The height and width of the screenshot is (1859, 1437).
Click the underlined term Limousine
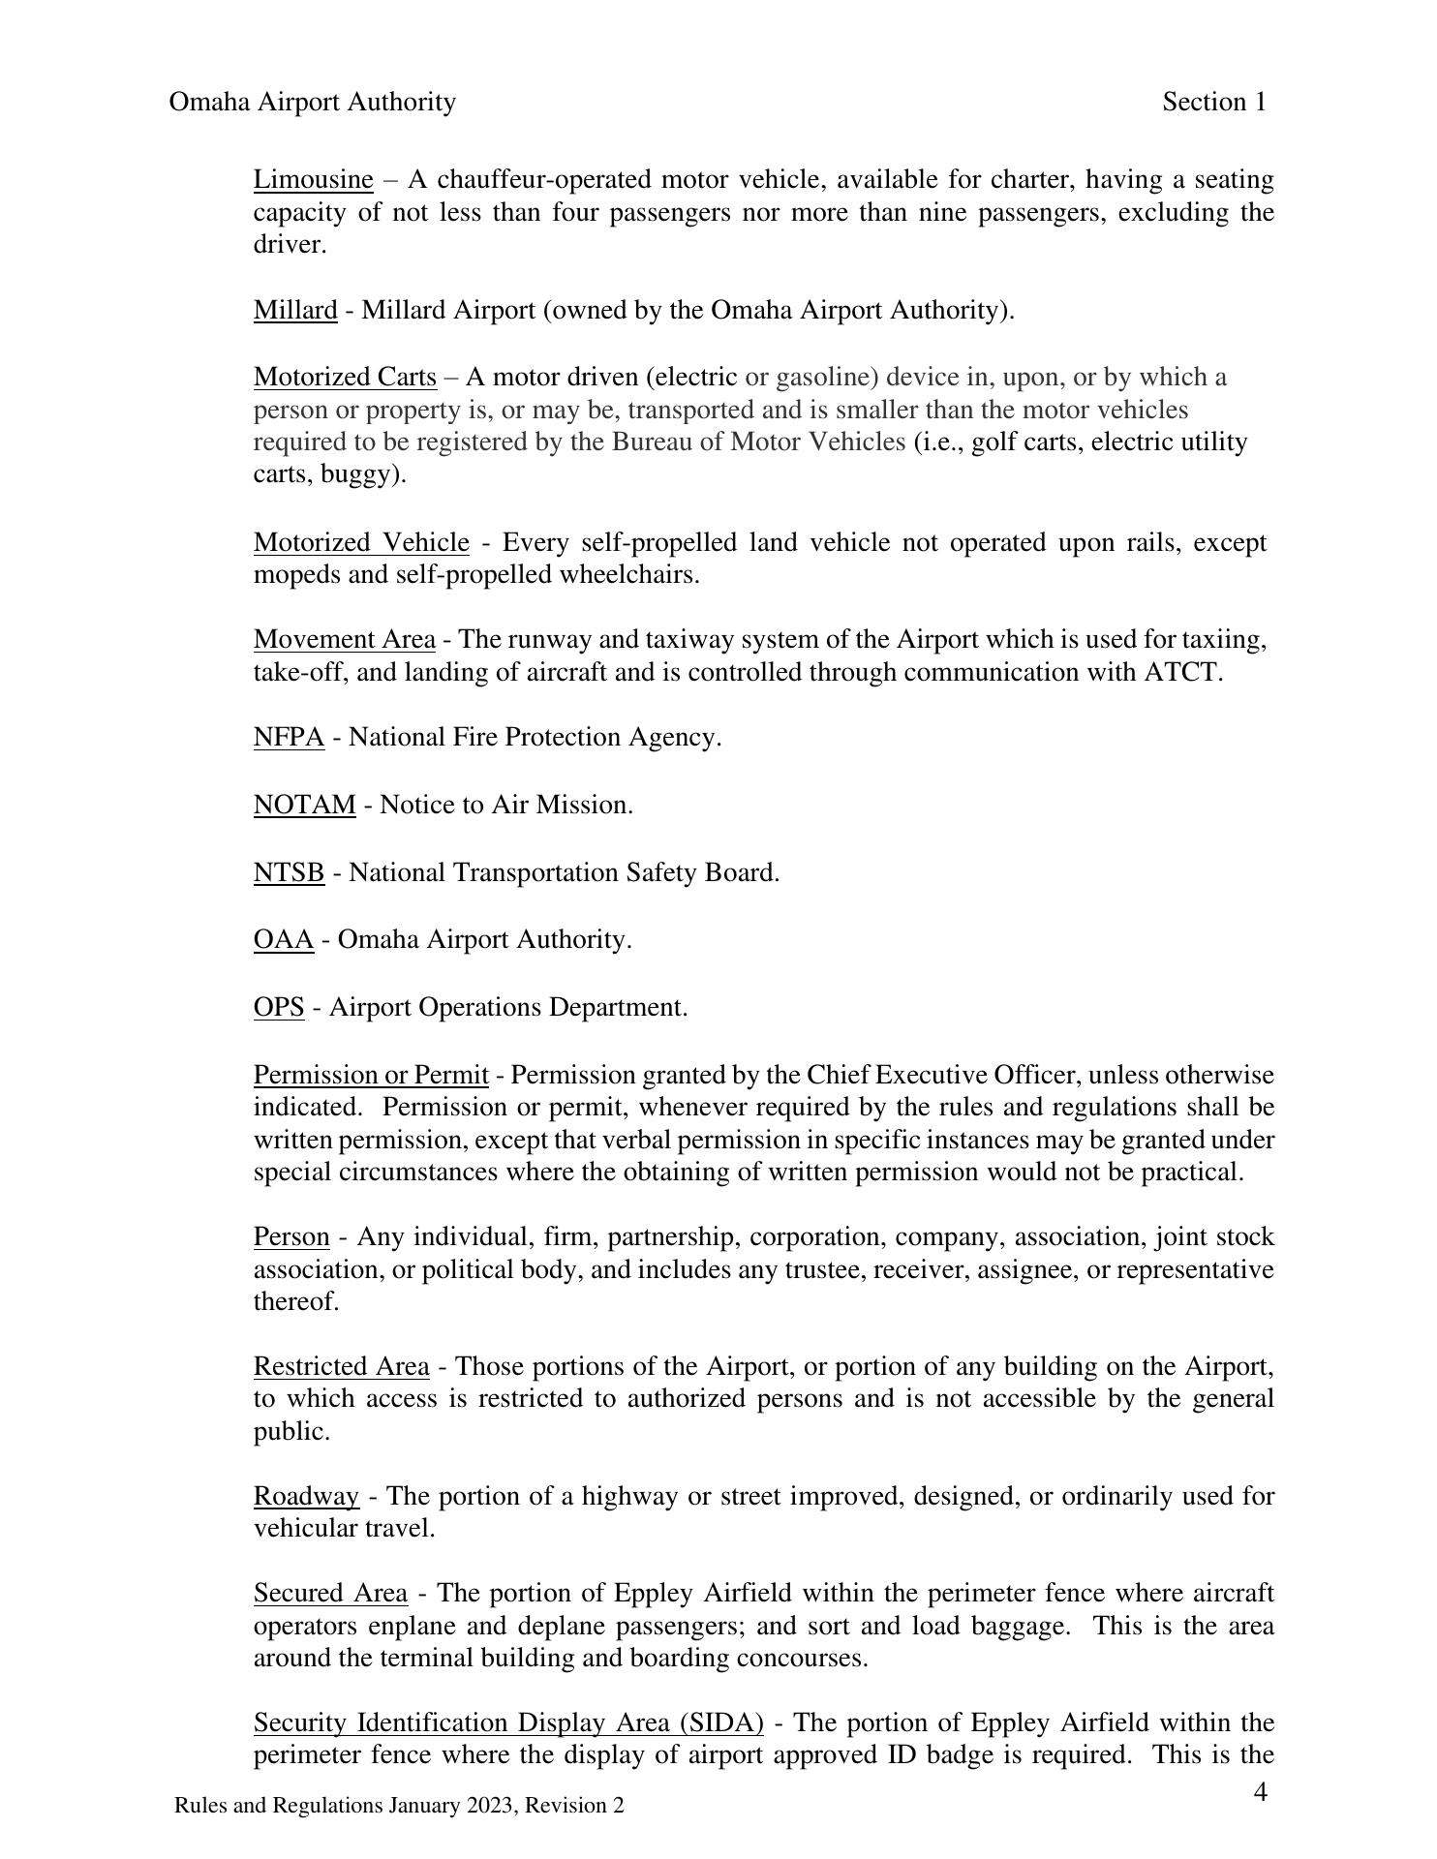(x=313, y=180)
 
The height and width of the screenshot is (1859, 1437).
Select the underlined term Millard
(x=295, y=311)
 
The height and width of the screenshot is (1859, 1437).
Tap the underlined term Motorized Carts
(x=345, y=378)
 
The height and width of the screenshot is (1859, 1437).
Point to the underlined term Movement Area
(x=344, y=640)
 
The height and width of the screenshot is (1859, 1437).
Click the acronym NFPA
(x=289, y=738)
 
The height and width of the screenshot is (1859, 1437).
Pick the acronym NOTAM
(x=304, y=806)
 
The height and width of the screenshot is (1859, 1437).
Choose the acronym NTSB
(x=289, y=873)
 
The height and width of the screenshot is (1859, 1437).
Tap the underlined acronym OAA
(x=284, y=940)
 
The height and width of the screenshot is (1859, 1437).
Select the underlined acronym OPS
(x=279, y=1008)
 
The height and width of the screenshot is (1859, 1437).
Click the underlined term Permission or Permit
(x=371, y=1076)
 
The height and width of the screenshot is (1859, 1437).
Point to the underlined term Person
(x=291, y=1237)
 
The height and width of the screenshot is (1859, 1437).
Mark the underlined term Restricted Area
(x=341, y=1367)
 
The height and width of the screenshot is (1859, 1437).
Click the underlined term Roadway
(x=306, y=1497)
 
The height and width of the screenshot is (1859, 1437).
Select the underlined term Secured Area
(x=330, y=1594)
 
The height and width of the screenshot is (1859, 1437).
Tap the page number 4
(x=1260, y=1793)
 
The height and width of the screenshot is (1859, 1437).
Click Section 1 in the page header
(x=1214, y=103)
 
